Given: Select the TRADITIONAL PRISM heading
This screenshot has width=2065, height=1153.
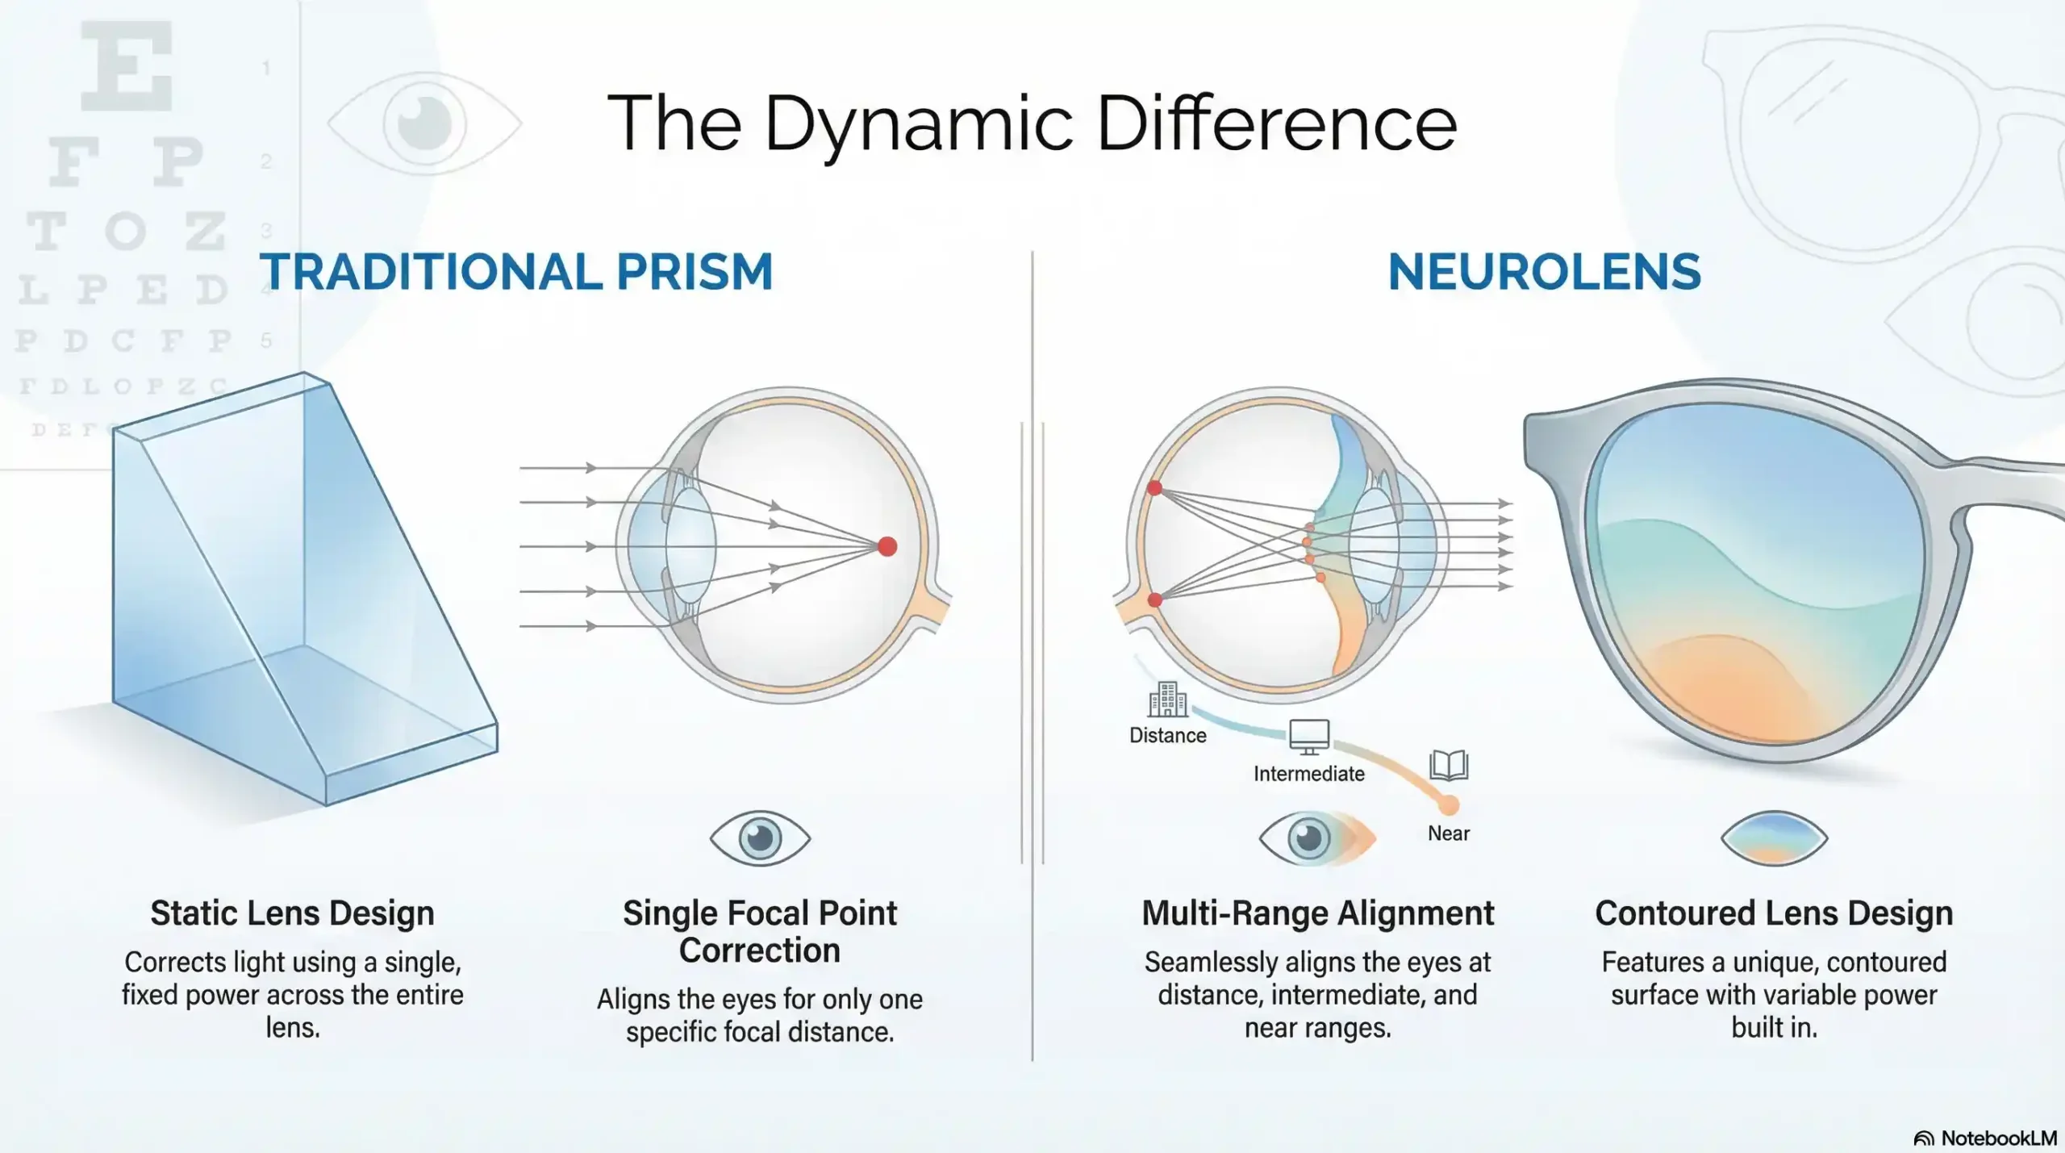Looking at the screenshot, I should (x=516, y=272).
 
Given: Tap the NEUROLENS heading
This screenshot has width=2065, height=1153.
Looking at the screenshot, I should (x=1544, y=272).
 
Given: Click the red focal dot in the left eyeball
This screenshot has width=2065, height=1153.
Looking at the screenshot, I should (x=887, y=547).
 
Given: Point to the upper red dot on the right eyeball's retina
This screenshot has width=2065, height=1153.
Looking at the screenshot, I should (x=1155, y=488).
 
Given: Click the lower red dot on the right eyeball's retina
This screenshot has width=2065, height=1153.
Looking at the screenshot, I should (x=1155, y=599).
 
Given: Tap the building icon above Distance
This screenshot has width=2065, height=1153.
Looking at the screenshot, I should (x=1167, y=700).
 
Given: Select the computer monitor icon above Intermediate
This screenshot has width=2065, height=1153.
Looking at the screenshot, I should (x=1308, y=737).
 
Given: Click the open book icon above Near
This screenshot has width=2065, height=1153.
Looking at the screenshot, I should (x=1449, y=765).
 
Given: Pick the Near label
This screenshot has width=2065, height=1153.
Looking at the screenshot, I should (x=1449, y=833).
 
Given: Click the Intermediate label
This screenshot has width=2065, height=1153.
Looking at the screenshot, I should (x=1308, y=774).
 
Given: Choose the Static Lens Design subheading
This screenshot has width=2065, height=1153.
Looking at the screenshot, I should (x=292, y=913).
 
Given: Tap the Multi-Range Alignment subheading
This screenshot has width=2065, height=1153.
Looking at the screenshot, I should (x=1317, y=913).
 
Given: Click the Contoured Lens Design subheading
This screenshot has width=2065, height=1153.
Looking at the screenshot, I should (x=1774, y=913).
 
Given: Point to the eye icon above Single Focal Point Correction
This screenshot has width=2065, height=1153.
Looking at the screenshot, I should (x=760, y=838).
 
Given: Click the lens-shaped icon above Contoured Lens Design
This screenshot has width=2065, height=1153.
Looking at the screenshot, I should (x=1774, y=838).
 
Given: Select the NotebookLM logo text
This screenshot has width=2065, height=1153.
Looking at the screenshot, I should (x=1998, y=1138).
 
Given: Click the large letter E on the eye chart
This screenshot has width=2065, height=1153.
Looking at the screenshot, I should (x=127, y=66).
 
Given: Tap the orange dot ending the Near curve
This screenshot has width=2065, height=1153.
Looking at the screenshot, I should (x=1449, y=804).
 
